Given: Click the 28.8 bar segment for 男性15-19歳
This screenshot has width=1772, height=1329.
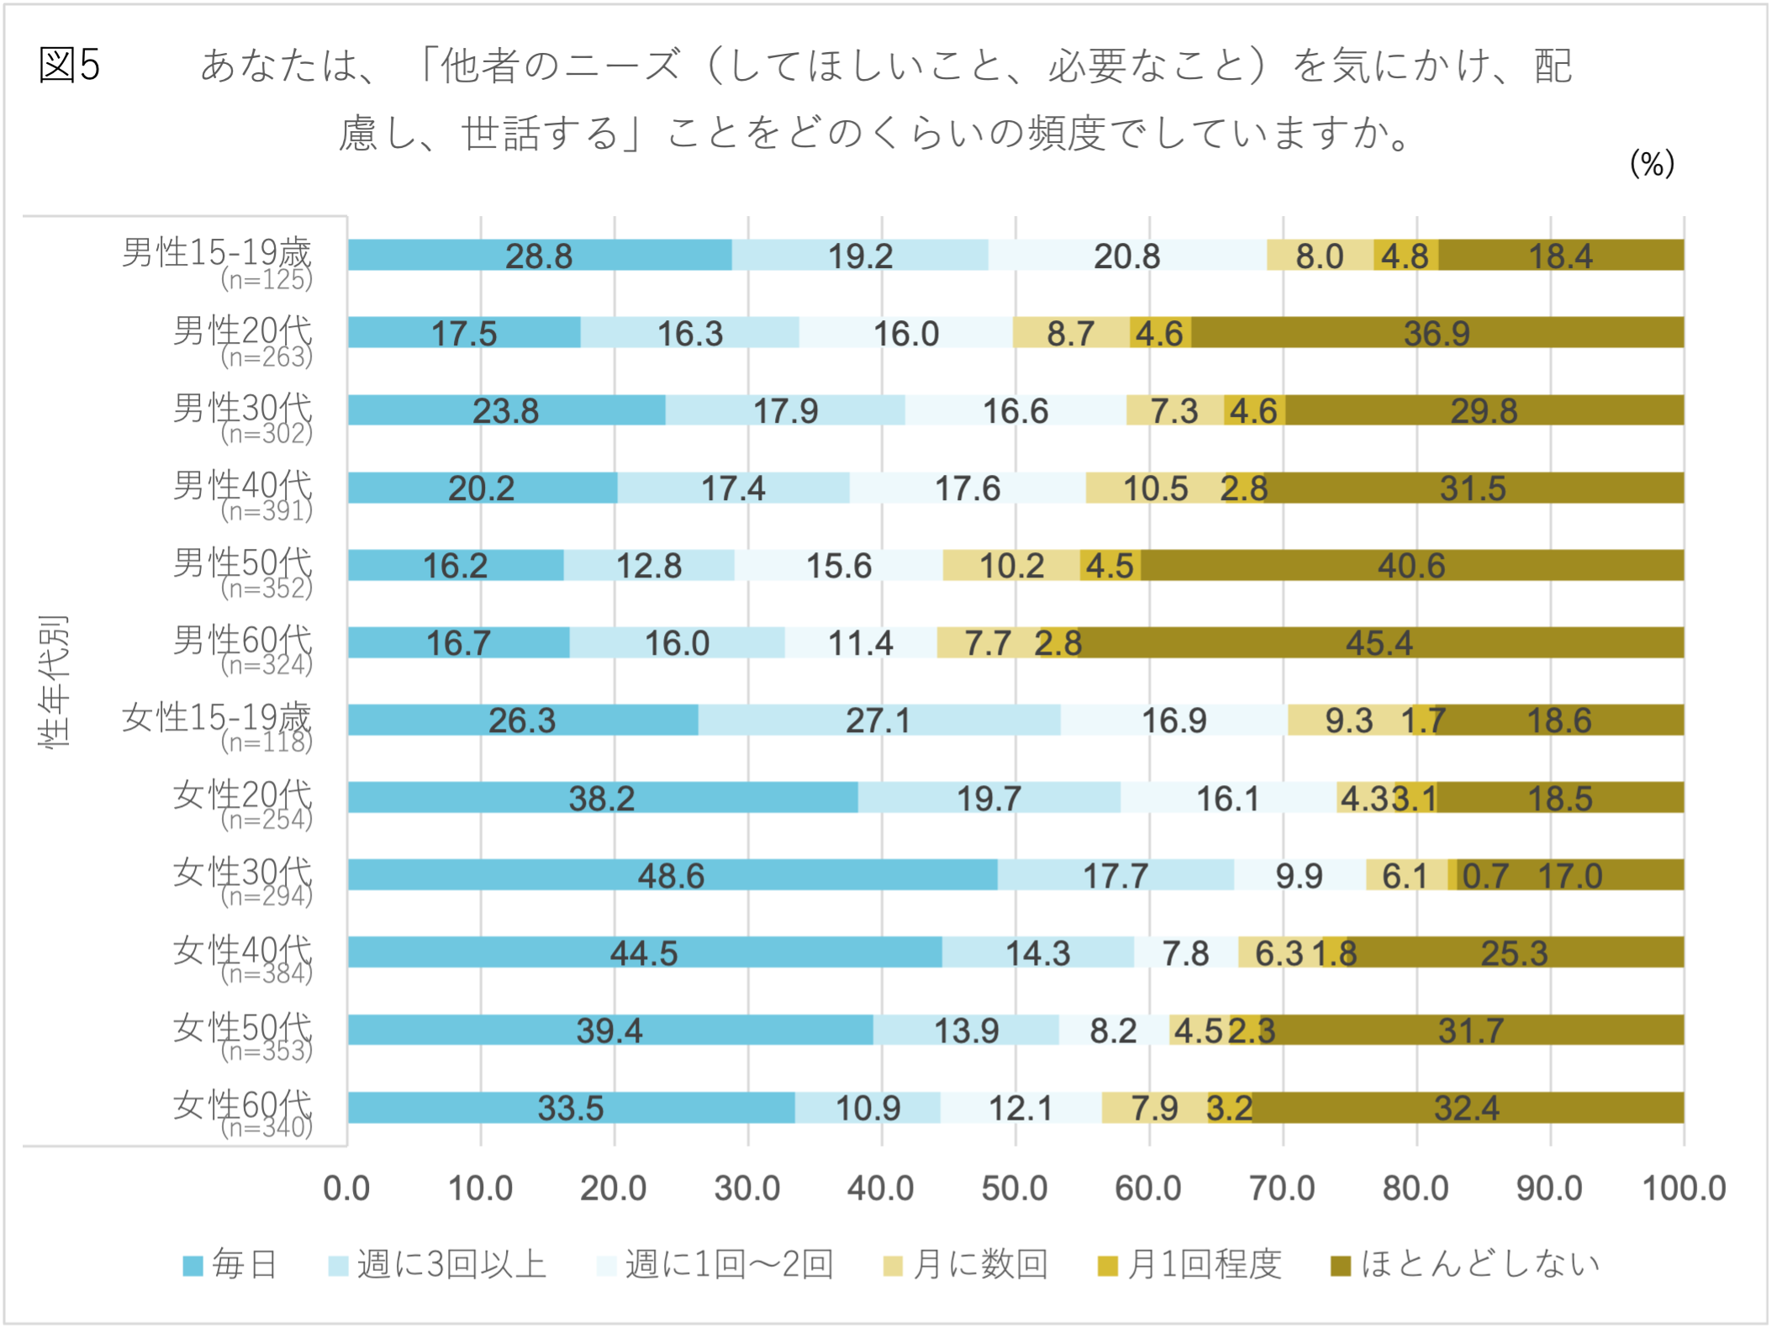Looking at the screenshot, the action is point(540,255).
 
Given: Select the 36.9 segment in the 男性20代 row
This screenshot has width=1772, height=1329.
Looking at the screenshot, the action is point(1437,332).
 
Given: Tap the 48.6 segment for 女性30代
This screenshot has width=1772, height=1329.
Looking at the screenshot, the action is point(672,874).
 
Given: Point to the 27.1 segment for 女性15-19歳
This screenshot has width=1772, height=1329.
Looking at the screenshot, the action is point(879,720).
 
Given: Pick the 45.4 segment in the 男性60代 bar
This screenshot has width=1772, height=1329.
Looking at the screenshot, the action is point(1381,642).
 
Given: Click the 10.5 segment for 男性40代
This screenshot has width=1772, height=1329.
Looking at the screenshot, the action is point(1157,488).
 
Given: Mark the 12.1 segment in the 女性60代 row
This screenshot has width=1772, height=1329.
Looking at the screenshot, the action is point(1021,1107).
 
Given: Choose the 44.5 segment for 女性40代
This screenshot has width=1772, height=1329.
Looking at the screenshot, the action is point(645,952).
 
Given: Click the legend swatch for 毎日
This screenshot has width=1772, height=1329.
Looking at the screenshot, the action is point(192,1265).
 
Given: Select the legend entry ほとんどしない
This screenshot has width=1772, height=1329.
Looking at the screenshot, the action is point(1465,1263).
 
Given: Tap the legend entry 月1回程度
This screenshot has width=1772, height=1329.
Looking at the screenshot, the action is point(1189,1263).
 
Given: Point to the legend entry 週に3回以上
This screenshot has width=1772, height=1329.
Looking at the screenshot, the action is point(437,1263).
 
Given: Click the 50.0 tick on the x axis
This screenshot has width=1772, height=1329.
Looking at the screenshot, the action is point(1015,1189).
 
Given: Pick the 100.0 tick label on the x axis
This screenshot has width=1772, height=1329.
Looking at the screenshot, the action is point(1684,1189).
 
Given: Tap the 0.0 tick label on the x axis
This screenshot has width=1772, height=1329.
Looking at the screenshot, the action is point(347,1189).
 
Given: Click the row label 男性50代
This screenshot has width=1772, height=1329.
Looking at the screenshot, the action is point(243,563).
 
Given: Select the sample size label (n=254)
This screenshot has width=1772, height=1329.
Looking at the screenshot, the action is point(266,819).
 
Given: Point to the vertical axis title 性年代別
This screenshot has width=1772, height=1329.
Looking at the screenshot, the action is point(53,681).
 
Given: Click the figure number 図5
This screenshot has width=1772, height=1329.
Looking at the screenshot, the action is point(70,65).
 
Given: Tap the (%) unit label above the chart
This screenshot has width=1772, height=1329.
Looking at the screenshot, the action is point(1652,163).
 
